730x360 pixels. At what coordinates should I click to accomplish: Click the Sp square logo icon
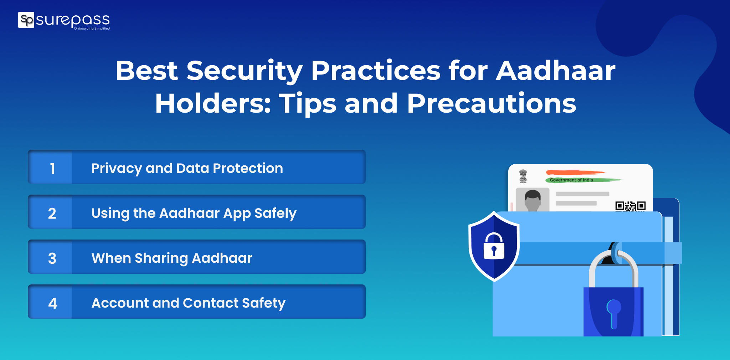[x=26, y=20]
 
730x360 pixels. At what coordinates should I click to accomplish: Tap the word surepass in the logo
[x=73, y=20]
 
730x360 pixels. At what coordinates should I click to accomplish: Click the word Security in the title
[x=245, y=71]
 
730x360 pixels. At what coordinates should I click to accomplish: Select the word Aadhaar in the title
[x=556, y=71]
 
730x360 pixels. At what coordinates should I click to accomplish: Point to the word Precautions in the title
[x=492, y=103]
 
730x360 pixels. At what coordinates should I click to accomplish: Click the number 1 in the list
[x=52, y=169]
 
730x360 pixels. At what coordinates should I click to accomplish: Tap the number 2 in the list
[x=52, y=214]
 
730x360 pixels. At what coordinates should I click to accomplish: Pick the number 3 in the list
[x=52, y=258]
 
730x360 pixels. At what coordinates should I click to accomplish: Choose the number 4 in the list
[x=52, y=303]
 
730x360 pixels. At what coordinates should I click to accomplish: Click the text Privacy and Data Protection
[x=187, y=169]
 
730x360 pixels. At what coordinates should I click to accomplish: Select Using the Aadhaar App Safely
[x=194, y=214]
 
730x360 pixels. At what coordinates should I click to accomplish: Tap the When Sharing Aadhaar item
[x=172, y=258]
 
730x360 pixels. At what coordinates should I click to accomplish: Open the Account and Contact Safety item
[x=189, y=303]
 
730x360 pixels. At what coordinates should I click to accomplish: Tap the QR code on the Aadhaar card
[x=631, y=206]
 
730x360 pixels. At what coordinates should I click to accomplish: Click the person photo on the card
[x=533, y=200]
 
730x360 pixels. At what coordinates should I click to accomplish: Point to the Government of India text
[x=571, y=180]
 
